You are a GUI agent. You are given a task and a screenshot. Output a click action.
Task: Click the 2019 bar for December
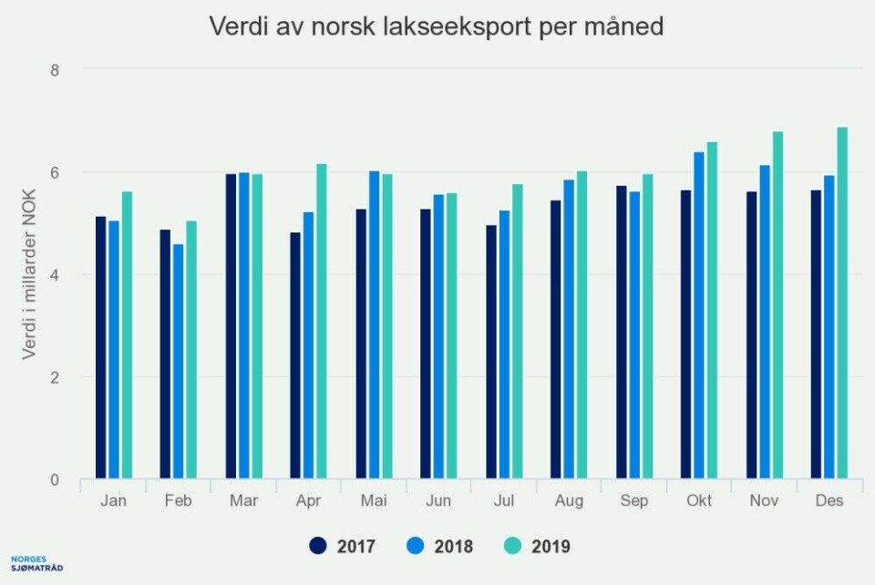[842, 303]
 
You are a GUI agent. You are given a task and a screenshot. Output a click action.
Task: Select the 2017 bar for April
[295, 355]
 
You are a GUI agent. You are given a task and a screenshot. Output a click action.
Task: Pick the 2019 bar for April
[321, 322]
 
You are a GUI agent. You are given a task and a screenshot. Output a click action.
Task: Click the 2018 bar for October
[699, 315]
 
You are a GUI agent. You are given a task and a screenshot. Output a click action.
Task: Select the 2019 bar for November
[777, 305]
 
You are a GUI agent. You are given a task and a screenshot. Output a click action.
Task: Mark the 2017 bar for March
[231, 326]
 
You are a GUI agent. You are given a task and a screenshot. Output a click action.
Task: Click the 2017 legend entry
[343, 546]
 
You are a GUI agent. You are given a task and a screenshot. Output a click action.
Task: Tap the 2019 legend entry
[539, 546]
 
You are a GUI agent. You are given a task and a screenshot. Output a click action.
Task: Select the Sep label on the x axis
[633, 501]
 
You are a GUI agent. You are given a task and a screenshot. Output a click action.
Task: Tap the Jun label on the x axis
[438, 501]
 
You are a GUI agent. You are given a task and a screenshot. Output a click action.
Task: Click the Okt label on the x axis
[699, 501]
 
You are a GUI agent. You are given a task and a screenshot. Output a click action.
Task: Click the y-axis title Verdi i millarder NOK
[30, 273]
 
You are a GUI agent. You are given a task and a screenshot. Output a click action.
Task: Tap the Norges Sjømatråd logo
[37, 562]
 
